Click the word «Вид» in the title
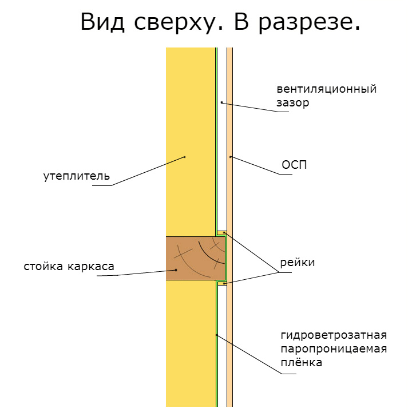(x=102, y=22)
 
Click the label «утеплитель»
(x=77, y=176)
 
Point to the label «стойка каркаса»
(x=69, y=266)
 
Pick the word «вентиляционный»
(x=327, y=89)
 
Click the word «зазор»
(x=293, y=102)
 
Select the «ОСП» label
(x=294, y=165)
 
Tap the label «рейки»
(x=297, y=262)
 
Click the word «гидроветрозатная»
(x=334, y=335)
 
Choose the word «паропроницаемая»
(x=334, y=349)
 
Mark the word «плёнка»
(x=302, y=362)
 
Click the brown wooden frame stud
(x=196, y=258)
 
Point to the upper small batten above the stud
(x=222, y=233)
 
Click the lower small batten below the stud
(x=222, y=283)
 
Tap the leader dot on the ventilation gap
(x=222, y=102)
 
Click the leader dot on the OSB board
(x=231, y=157)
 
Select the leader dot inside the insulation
(x=184, y=157)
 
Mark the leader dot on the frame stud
(x=176, y=270)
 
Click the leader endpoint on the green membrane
(x=216, y=335)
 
